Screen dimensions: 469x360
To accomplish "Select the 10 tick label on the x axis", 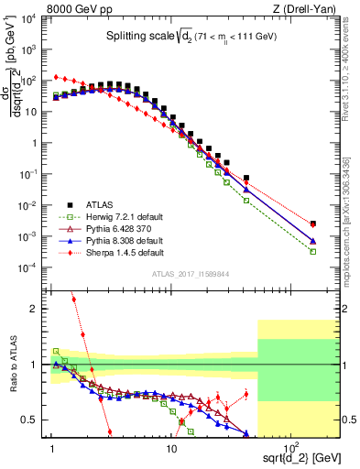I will click(170, 446).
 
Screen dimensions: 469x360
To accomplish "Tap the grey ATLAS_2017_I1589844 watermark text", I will click(189, 273).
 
